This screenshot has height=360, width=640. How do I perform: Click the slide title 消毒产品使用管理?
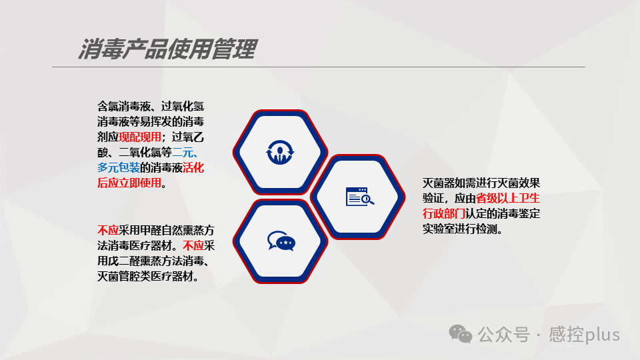[x=167, y=49]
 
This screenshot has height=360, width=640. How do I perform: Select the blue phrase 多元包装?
[x=119, y=167]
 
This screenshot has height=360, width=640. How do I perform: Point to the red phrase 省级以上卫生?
[x=507, y=198]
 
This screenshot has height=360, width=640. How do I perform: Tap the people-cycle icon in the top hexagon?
[x=280, y=151]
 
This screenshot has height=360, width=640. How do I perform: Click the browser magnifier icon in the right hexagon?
[x=359, y=196]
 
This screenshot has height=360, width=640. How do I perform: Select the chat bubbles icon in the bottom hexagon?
[x=280, y=241]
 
